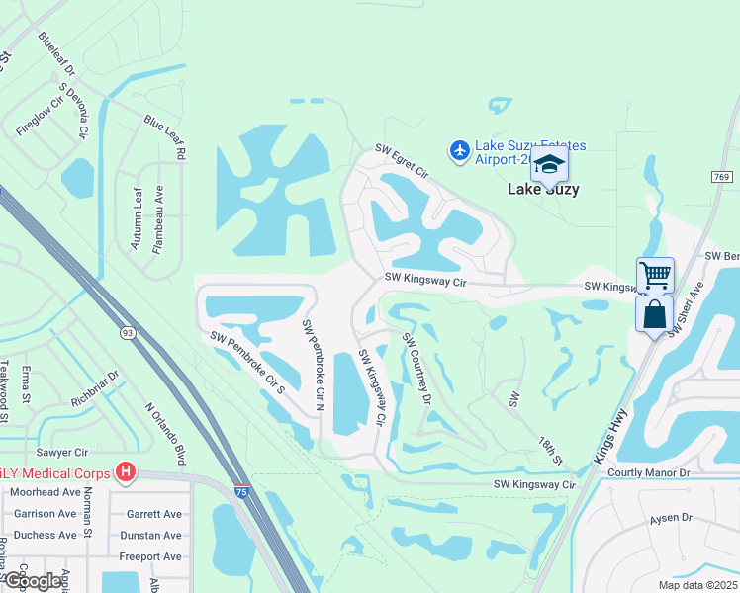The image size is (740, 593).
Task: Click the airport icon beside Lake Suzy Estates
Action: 459,150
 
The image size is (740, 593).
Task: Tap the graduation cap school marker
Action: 549,164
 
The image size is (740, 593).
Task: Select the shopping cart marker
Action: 655,275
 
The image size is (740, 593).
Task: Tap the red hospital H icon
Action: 125,472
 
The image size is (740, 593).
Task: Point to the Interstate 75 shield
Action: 242,490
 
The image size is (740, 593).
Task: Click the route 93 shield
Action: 127,332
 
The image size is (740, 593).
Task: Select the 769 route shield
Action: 721,176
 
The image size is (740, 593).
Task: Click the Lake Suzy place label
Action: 543,189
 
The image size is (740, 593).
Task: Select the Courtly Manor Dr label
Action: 648,473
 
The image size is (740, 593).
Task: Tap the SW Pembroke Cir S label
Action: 247,363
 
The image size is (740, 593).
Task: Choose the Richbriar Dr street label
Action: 94,389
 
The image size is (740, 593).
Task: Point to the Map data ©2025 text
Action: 696,585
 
